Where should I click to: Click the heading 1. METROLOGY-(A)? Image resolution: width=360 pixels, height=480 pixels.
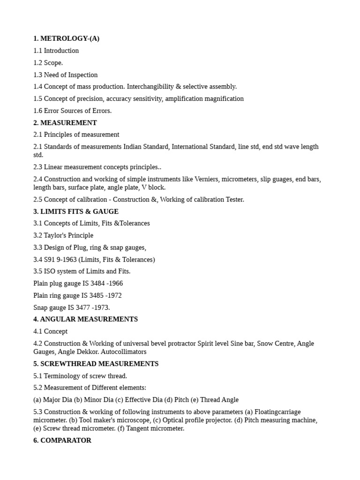66,38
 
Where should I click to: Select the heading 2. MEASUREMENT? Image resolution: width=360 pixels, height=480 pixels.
65,123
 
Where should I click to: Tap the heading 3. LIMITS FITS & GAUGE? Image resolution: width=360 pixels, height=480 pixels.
76,211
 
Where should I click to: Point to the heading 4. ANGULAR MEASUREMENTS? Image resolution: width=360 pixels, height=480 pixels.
85,319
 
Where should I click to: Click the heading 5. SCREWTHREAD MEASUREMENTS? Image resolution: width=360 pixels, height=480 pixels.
96,364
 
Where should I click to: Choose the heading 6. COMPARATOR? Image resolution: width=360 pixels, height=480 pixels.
62,441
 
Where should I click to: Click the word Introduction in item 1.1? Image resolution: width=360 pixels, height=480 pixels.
61,51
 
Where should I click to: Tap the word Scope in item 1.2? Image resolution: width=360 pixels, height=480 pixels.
52,63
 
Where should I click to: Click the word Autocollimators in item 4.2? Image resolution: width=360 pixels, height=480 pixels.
124,352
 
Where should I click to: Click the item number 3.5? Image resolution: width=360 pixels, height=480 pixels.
38,271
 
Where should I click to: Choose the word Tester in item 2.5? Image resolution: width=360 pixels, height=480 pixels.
234,200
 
